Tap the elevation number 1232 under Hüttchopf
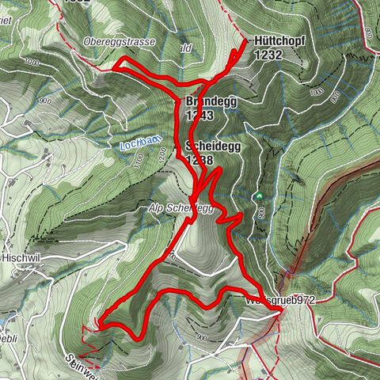coord(268,55)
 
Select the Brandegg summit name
coord(211,102)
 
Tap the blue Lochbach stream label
coord(141,143)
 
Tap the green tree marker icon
coord(257,196)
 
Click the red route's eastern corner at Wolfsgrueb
coord(281,312)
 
